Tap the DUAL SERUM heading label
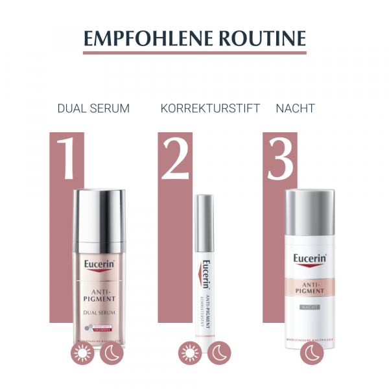(93, 108)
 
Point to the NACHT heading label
(295, 108)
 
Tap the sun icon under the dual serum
(82, 354)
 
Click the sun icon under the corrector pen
(189, 354)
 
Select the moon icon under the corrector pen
(218, 354)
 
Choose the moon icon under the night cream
(311, 354)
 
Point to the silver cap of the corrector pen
(207, 217)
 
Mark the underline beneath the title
(194, 53)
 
